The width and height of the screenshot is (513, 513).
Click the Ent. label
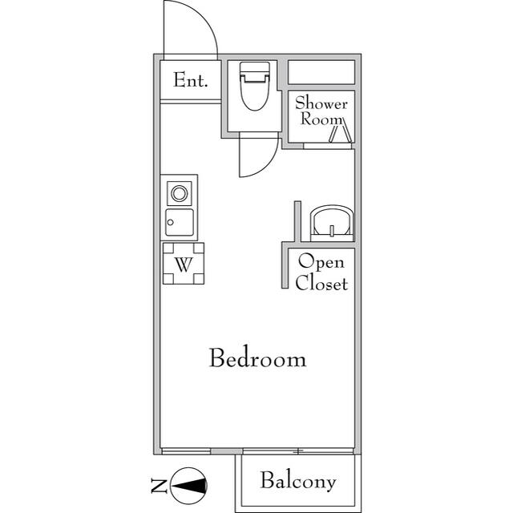click(190, 81)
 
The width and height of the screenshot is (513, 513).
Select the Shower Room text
click(321, 111)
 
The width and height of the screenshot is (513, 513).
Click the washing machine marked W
click(183, 265)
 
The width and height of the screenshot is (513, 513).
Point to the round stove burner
click(180, 193)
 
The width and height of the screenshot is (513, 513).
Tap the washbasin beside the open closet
click(331, 221)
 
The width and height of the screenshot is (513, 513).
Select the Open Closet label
click(321, 273)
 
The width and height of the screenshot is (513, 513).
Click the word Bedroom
click(257, 358)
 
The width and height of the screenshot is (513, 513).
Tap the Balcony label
click(297, 482)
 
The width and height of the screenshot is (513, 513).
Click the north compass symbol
click(193, 484)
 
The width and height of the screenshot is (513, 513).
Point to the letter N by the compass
click(158, 484)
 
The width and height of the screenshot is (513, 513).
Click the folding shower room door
click(341, 132)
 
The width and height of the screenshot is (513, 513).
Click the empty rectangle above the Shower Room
click(321, 71)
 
